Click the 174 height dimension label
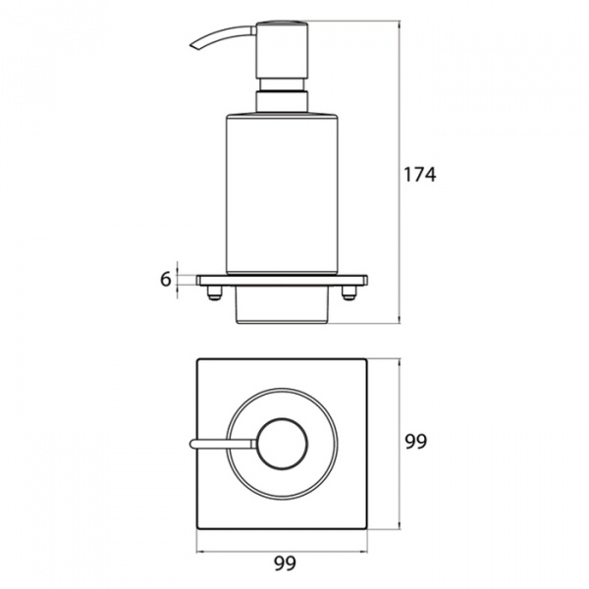(419, 175)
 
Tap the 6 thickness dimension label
(166, 279)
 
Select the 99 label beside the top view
(416, 442)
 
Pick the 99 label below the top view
(285, 563)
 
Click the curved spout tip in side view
(194, 46)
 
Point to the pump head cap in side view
(282, 50)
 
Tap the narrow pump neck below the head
(282, 84)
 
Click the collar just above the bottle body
(282, 101)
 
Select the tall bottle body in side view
(282, 193)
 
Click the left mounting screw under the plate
(214, 293)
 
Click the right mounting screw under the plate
(348, 293)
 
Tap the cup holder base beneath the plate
(282, 305)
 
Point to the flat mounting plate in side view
(282, 280)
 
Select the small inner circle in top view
(282, 444)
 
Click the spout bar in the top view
(224, 444)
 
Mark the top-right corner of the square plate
(366, 359)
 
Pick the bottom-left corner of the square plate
(197, 529)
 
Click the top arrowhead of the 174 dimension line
(399, 24)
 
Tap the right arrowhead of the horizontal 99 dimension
(365, 552)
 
